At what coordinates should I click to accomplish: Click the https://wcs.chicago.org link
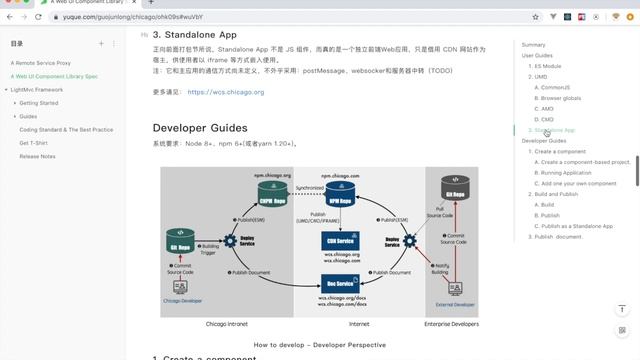[x=225, y=92]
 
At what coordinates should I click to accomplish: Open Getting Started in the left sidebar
[x=39, y=103]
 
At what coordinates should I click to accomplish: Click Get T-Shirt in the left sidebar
[x=35, y=143]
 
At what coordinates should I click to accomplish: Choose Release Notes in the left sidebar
[x=39, y=156]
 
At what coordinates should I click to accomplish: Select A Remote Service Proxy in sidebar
[x=41, y=63]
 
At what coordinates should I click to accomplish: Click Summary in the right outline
[x=534, y=45]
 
